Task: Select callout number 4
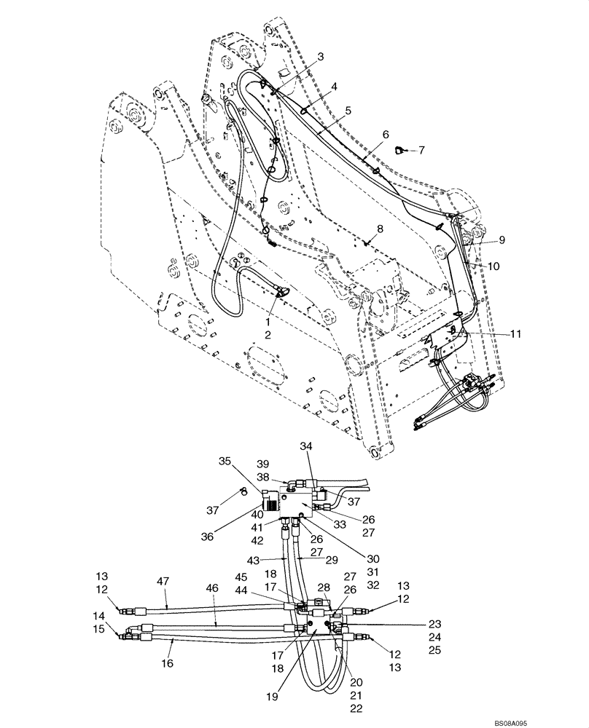pyautogui.click(x=333, y=87)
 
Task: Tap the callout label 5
pyautogui.click(x=348, y=110)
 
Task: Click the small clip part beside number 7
pyautogui.click(x=399, y=151)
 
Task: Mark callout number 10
pyautogui.click(x=494, y=266)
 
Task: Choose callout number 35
pyautogui.click(x=225, y=461)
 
